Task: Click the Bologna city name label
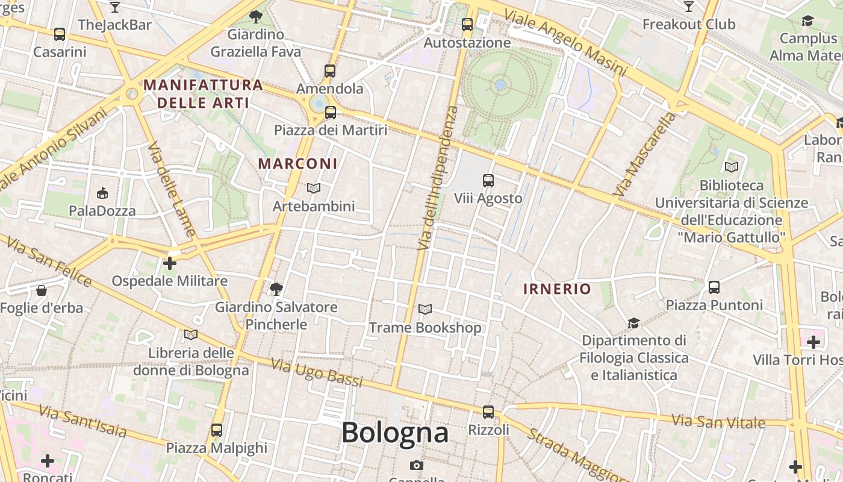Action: click(395, 433)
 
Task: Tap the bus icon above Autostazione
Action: click(467, 25)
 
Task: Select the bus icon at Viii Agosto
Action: click(488, 180)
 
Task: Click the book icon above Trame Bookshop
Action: click(425, 310)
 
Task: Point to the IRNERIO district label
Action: click(557, 289)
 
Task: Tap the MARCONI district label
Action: click(297, 163)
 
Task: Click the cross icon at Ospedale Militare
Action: click(170, 263)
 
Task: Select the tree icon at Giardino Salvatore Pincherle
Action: click(276, 289)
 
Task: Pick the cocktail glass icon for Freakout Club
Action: click(689, 7)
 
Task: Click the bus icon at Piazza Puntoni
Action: click(714, 287)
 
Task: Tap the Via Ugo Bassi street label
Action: click(317, 373)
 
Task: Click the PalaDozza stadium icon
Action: click(102, 193)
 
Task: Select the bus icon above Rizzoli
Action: click(488, 412)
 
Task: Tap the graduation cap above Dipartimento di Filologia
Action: click(633, 324)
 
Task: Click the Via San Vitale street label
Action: click(718, 421)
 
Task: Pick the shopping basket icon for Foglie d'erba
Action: click(41, 291)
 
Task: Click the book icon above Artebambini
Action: click(313, 189)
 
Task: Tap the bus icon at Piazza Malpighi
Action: click(216, 430)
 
